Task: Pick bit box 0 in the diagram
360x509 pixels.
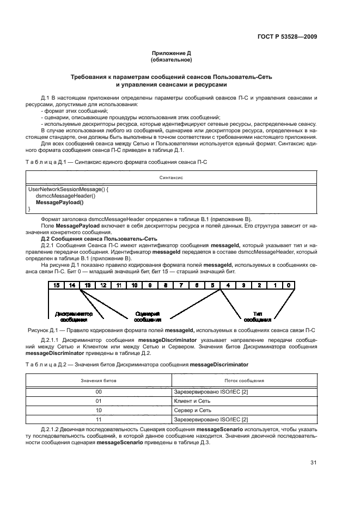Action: pyautogui.click(x=290, y=285)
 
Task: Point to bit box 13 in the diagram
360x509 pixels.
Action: pyautogui.click(x=87, y=285)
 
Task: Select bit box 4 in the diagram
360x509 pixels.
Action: pyautogui.click(x=228, y=285)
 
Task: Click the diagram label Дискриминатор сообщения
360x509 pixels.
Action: pyautogui.click(x=74, y=317)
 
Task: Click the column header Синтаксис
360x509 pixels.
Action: pyautogui.click(x=170, y=177)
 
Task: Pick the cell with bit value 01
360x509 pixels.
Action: pyautogui.click(x=99, y=401)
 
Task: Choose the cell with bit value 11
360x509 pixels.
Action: pyautogui.click(x=99, y=419)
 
